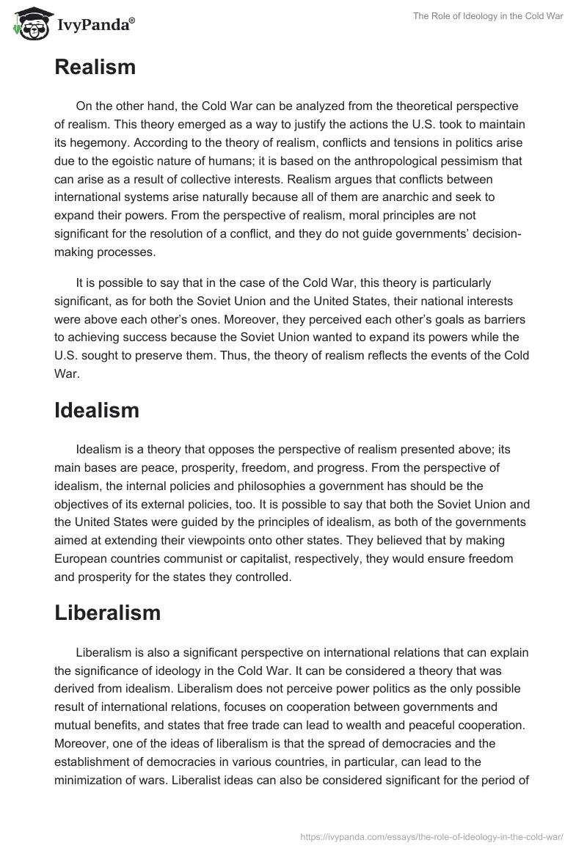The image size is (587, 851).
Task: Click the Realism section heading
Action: click(x=95, y=67)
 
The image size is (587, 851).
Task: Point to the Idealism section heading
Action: click(x=96, y=411)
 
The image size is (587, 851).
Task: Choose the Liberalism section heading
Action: click(x=107, y=613)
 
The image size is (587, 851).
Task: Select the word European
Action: click(x=90, y=559)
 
